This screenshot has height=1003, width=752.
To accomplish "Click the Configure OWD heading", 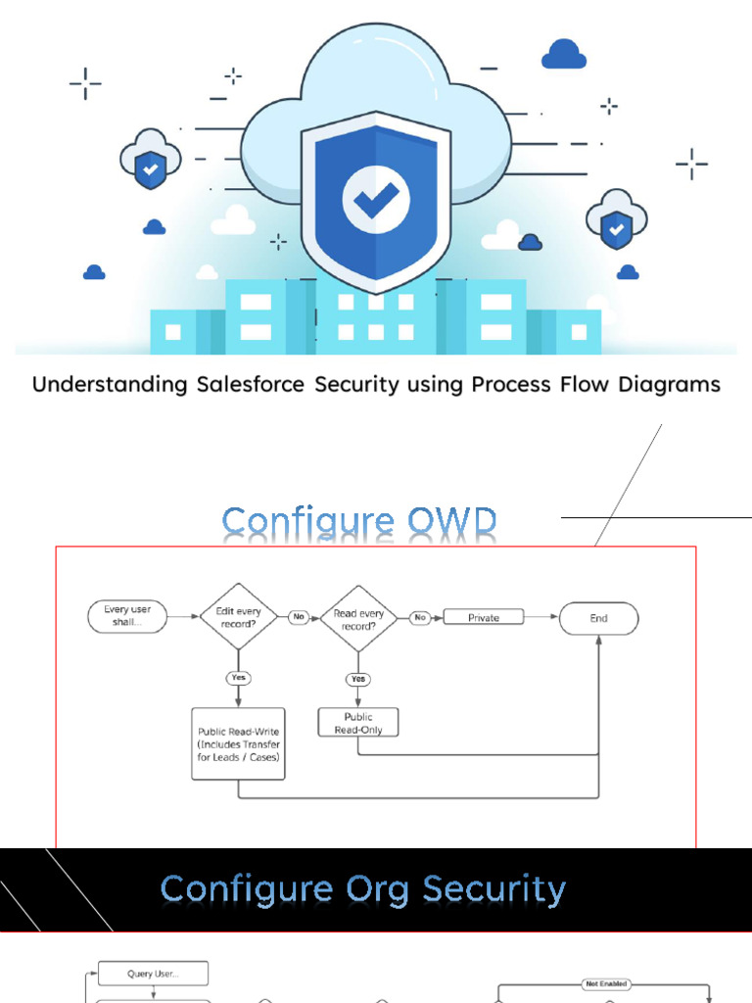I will tap(359, 523).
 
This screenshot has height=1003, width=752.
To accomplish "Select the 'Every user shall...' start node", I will tap(127, 617).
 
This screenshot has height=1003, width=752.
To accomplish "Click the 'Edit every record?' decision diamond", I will tap(238, 618).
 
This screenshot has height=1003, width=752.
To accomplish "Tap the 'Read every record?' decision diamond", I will tap(358, 618).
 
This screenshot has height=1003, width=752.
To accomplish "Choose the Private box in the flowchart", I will tap(484, 617).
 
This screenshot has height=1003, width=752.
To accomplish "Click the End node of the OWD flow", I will tap(598, 618).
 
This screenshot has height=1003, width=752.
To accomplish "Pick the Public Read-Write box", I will tap(238, 743).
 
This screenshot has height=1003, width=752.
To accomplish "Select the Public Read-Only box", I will tap(358, 723).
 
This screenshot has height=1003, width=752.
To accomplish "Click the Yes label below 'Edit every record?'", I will tap(238, 678).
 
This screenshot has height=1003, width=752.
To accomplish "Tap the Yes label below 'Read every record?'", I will tap(358, 679).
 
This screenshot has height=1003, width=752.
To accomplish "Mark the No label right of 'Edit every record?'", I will tap(299, 617).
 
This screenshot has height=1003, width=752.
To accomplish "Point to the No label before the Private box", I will tap(420, 617).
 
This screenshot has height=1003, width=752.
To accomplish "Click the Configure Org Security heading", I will tap(363, 889).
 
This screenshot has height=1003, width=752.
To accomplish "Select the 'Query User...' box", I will tap(154, 974).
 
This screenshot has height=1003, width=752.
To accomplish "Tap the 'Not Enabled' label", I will tap(605, 983).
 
